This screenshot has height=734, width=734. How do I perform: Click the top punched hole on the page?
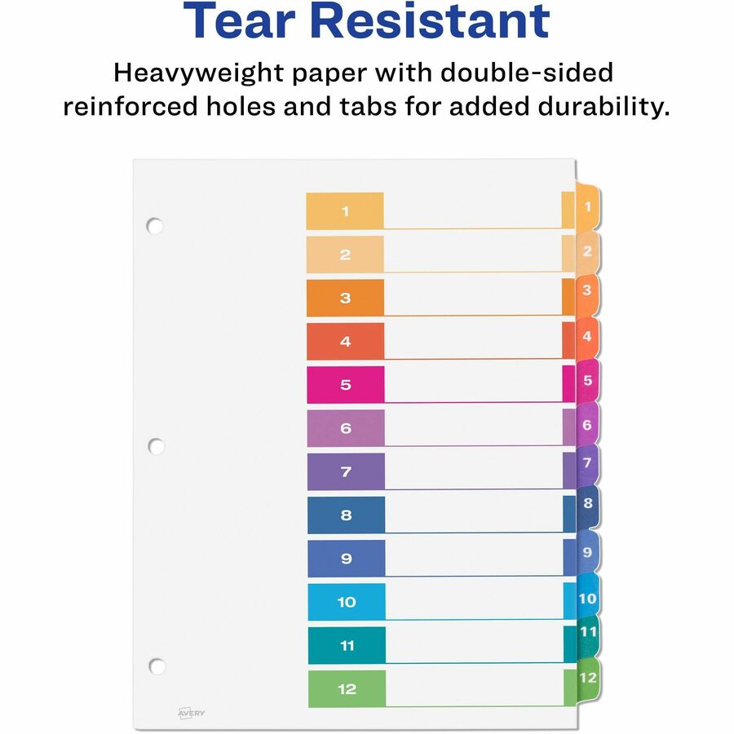[155, 225]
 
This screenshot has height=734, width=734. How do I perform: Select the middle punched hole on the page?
[156, 446]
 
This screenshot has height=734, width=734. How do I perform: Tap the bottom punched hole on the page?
[157, 666]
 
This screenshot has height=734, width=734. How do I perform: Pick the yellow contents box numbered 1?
[345, 210]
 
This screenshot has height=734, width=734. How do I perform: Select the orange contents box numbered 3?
[345, 298]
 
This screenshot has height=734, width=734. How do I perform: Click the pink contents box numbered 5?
[345, 384]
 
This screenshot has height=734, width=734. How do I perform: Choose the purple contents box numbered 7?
[346, 471]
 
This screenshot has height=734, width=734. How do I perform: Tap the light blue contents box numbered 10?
[347, 602]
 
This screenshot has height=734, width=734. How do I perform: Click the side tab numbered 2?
[587, 252]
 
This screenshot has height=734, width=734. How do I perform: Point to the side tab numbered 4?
[587, 336]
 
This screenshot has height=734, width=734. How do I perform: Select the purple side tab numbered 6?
[587, 425]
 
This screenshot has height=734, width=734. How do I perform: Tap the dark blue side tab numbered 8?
[587, 503]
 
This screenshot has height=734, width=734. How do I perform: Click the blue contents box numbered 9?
[346, 559]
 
